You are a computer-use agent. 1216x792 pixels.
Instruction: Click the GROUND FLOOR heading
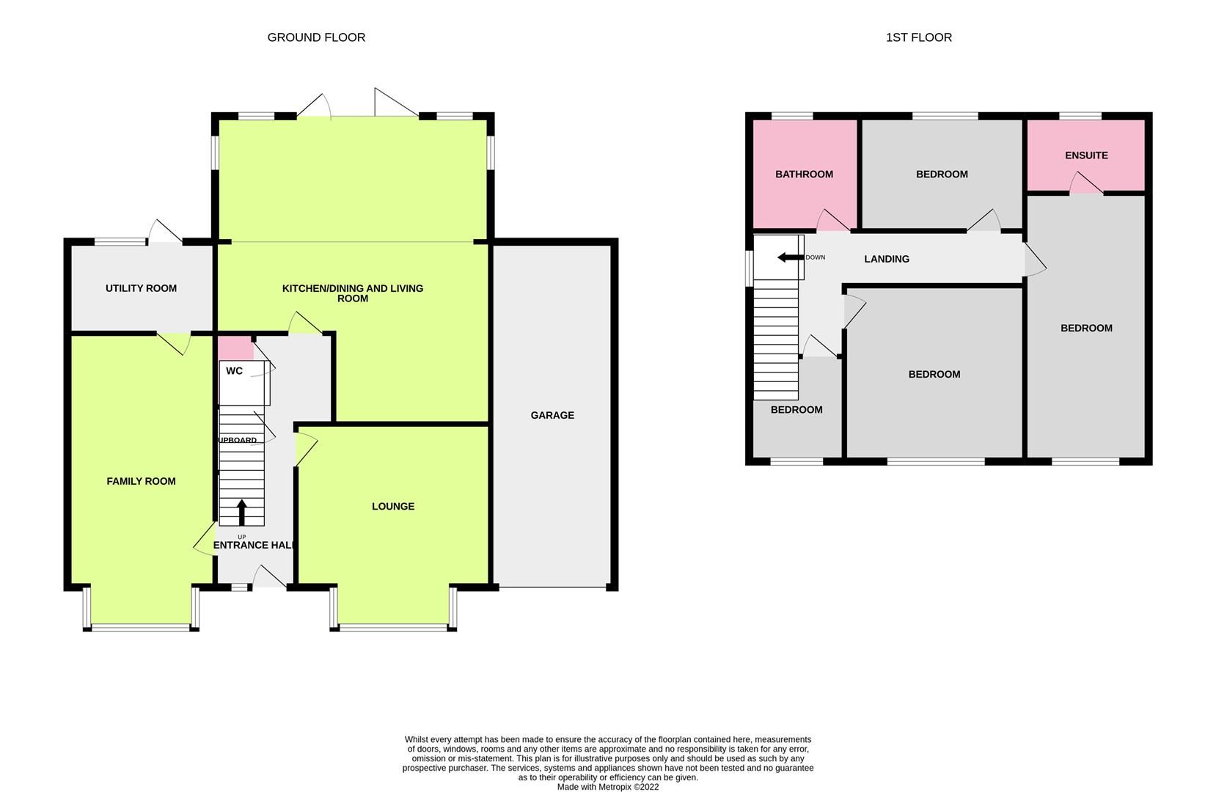(x=316, y=37)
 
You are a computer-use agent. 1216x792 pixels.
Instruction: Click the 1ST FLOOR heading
(x=918, y=37)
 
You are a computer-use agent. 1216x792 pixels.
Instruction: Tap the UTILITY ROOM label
(x=141, y=288)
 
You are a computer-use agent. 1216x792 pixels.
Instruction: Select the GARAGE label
(x=552, y=415)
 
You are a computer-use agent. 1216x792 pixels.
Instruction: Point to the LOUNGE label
(x=393, y=506)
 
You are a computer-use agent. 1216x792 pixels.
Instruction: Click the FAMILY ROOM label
(x=141, y=481)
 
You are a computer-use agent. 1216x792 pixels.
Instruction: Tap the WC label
(x=234, y=371)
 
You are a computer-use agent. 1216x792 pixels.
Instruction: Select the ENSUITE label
(x=1086, y=155)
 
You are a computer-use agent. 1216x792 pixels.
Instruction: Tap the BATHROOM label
(x=804, y=175)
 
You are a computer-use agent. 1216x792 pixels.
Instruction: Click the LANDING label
(x=886, y=259)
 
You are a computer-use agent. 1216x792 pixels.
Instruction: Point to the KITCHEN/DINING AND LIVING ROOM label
(x=353, y=293)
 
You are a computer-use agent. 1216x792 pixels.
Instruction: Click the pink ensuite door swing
(x=1085, y=184)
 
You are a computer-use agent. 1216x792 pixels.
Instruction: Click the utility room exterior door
(x=164, y=232)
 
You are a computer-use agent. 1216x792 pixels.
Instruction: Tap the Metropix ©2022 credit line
(x=607, y=787)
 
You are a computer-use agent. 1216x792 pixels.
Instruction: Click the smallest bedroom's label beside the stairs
(x=796, y=410)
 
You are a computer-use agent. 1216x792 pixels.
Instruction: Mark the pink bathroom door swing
(x=832, y=222)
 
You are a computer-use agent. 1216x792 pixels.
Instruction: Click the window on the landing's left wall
(x=749, y=268)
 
